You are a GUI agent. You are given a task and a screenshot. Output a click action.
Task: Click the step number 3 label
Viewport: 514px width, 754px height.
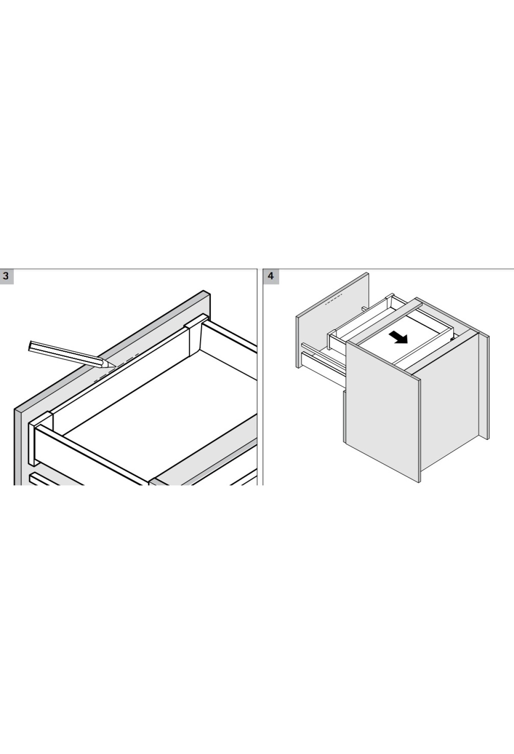6,276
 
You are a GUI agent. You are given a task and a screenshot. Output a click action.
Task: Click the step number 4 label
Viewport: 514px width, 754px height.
271,276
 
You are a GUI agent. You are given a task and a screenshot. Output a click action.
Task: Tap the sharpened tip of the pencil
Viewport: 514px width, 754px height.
114,367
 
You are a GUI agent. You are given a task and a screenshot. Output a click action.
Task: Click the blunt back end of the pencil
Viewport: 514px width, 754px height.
31,346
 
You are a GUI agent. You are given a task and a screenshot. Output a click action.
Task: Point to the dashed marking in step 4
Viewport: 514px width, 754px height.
334,299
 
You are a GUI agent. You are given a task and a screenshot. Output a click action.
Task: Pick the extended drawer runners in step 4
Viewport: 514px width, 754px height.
323,360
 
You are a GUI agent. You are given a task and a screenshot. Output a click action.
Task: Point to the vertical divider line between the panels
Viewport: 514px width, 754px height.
260,377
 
